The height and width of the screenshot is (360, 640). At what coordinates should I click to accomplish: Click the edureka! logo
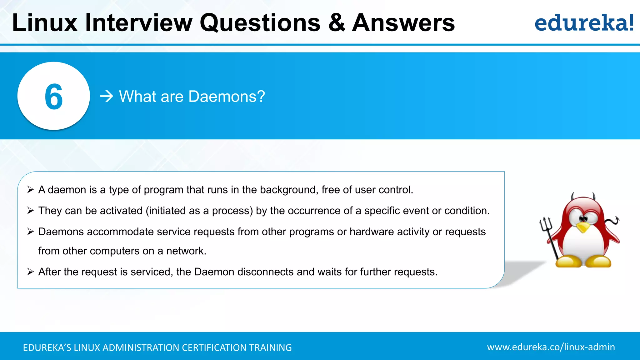pos(584,23)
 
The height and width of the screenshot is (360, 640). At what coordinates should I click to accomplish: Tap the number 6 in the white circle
pos(54,97)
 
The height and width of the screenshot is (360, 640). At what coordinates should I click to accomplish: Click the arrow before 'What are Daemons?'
pos(107,96)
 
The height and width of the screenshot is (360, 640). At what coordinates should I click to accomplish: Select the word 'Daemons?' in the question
pos(227,96)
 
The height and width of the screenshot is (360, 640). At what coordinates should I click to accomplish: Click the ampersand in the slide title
pos(337,22)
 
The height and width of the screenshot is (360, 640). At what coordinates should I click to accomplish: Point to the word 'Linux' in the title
pos(45,22)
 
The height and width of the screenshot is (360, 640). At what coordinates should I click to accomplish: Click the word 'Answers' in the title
pos(403,22)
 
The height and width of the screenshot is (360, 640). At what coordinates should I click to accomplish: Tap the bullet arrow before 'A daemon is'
pos(30,190)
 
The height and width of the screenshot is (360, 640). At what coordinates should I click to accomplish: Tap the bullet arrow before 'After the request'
pos(30,272)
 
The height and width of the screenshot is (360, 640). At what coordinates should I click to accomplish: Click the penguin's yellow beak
pos(582,227)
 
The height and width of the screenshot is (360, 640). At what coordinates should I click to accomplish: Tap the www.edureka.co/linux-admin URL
pos(551,347)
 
